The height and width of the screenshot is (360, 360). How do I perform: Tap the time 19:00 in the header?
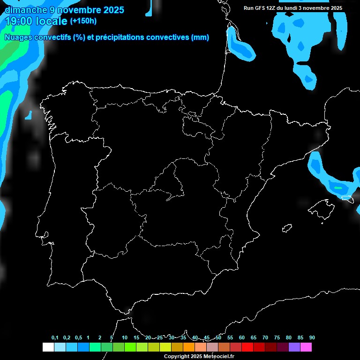pos(18,21)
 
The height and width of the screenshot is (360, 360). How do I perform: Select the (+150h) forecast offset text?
pos(83,21)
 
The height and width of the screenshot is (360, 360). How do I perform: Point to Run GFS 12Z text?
pos(262,8)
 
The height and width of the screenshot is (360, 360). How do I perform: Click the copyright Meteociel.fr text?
pos(199,357)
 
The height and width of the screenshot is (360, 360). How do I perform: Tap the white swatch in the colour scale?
pos(48,347)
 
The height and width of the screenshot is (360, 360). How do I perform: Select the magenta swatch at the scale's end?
pos(306,347)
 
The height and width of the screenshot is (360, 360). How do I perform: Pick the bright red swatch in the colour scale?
pos(247,347)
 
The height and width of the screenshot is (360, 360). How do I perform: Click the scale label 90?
pos(312,338)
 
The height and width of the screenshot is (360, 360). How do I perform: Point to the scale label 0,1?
pos(54,338)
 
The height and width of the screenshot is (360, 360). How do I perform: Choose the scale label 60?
pos(241,338)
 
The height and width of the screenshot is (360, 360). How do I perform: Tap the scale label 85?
pos(300,338)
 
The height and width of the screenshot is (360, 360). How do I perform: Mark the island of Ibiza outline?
pos(287,228)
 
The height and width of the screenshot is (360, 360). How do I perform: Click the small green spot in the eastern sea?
pos(337,187)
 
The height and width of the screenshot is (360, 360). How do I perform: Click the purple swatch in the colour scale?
pos(294,347)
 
